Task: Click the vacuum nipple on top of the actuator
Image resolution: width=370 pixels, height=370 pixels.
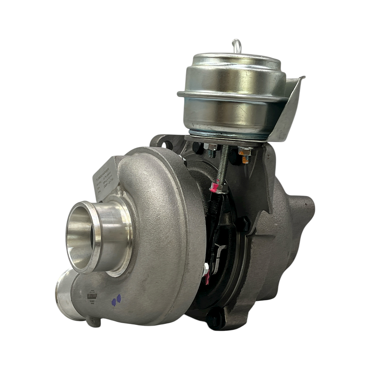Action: pos(236,46)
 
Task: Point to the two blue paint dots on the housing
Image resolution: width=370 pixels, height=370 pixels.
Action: pos(116,300)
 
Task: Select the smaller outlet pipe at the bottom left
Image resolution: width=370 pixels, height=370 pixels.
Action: pos(65,295)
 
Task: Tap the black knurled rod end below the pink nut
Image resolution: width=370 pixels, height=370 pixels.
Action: pos(216,206)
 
